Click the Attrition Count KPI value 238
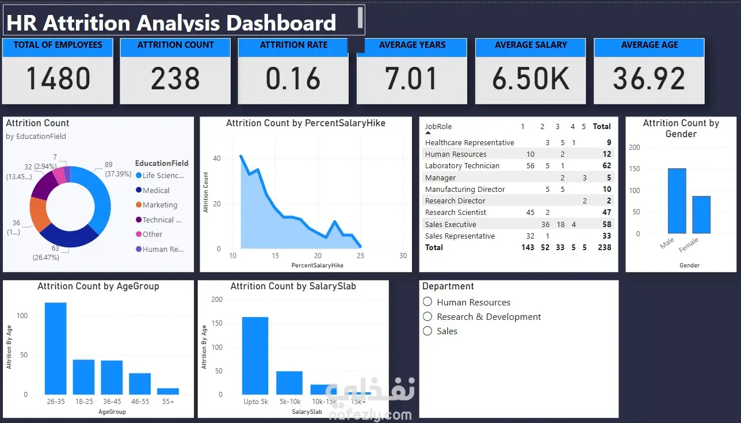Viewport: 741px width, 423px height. click(x=175, y=79)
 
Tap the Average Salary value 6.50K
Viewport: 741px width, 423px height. click(x=530, y=79)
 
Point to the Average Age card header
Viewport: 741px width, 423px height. click(x=649, y=45)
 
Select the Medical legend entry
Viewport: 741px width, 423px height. click(x=155, y=190)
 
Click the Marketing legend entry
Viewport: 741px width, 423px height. click(x=159, y=205)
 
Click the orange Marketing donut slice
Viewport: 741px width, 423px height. click(x=39, y=214)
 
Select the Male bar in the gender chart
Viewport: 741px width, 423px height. click(x=677, y=201)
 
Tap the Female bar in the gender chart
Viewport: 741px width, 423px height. click(x=701, y=214)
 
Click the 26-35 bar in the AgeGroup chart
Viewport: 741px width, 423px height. click(x=56, y=348)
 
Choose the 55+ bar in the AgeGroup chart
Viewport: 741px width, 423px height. click(x=168, y=391)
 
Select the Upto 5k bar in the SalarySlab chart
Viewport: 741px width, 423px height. click(x=255, y=356)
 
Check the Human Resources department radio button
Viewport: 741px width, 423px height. click(x=427, y=302)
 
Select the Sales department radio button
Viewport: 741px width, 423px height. click(x=427, y=331)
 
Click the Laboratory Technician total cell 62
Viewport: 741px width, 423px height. click(x=606, y=166)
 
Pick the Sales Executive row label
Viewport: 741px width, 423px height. click(x=450, y=224)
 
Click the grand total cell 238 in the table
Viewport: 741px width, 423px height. click(x=604, y=247)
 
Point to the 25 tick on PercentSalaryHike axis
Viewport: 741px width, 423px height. click(x=360, y=256)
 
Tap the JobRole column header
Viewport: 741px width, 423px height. click(x=438, y=126)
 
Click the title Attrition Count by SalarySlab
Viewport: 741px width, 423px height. click(x=293, y=286)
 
